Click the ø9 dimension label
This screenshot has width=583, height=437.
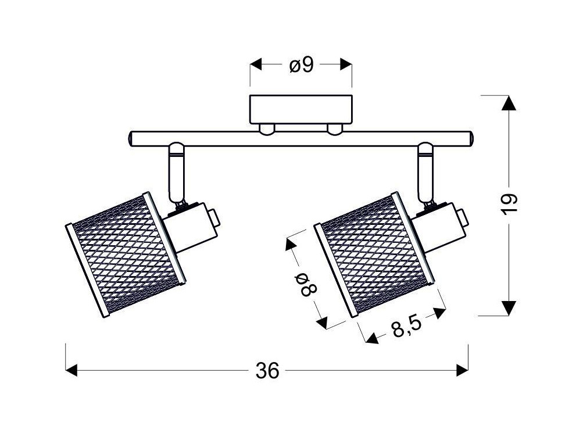(x=302, y=66)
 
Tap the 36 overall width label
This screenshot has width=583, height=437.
(x=267, y=371)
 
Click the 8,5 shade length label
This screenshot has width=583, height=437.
(x=406, y=327)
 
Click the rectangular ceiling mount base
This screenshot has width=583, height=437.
(x=301, y=109)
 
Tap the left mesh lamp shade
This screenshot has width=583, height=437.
(x=126, y=255)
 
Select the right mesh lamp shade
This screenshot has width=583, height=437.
(x=374, y=255)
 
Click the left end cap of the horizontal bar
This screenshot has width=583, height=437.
(x=131, y=139)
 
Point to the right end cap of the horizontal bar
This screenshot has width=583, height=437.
(x=471, y=139)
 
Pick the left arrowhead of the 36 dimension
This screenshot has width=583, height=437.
(x=71, y=371)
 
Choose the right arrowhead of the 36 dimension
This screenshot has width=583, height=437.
(x=462, y=371)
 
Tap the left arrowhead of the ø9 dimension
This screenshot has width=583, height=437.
(x=256, y=65)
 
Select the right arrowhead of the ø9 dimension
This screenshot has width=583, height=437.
(x=346, y=65)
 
